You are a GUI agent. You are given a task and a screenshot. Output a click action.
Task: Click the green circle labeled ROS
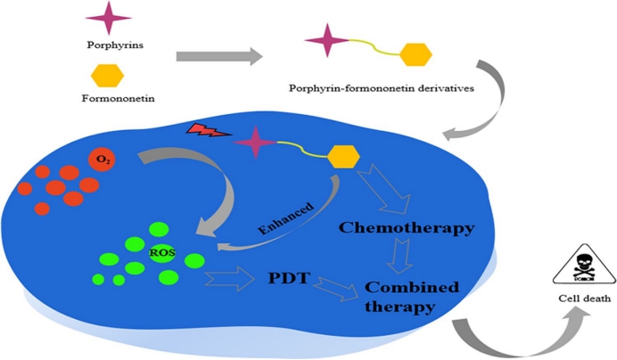pyautogui.click(x=160, y=254)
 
